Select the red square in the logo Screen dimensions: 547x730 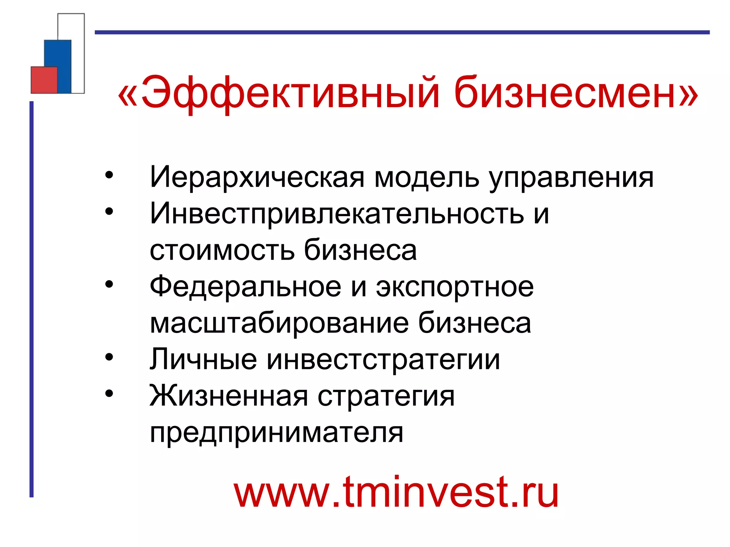click(x=44, y=80)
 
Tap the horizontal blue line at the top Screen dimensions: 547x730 click(x=402, y=32)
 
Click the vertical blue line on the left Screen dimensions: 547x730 click(x=31, y=299)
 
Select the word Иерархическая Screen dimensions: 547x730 click(x=257, y=177)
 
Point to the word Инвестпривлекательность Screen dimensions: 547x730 click(x=337, y=214)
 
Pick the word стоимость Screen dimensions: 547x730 click(x=222, y=250)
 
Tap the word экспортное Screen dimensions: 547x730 click(x=455, y=287)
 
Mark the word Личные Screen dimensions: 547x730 click(x=203, y=360)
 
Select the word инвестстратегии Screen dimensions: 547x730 click(x=383, y=360)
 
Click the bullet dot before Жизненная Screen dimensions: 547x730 click(x=109, y=393)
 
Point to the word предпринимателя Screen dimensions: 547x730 click(x=277, y=433)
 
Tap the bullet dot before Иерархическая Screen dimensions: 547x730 click(x=109, y=175)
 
